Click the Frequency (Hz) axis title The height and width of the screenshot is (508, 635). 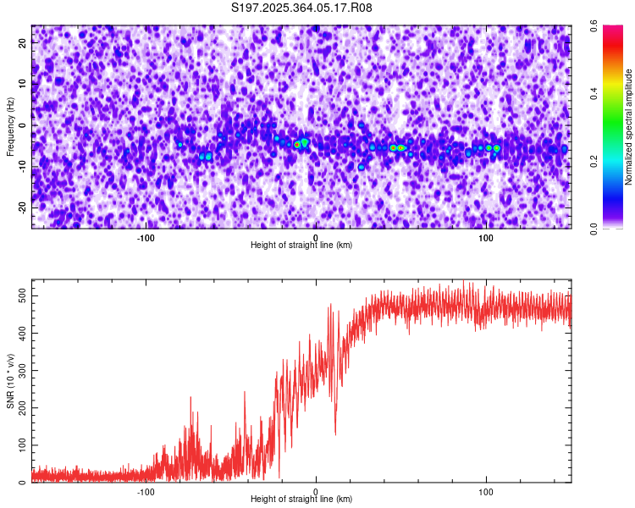pyautogui.click(x=10, y=127)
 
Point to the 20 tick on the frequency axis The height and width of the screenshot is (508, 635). pyautogui.click(x=22, y=44)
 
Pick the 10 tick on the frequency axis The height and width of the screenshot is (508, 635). pyautogui.click(x=22, y=85)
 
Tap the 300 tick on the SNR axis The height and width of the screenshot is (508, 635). pyautogui.click(x=22, y=370)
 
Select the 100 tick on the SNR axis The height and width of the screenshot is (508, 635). pyautogui.click(x=22, y=445)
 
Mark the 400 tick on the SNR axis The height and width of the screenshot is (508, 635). pyautogui.click(x=22, y=333)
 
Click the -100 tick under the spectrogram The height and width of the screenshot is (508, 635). pyautogui.click(x=146, y=237)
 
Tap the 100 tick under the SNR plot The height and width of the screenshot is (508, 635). pyautogui.click(x=487, y=491)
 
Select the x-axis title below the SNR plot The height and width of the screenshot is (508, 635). pyautogui.click(x=301, y=500)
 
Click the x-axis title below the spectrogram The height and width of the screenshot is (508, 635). pyautogui.click(x=301, y=246)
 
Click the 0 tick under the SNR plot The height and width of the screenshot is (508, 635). pyautogui.click(x=316, y=491)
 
